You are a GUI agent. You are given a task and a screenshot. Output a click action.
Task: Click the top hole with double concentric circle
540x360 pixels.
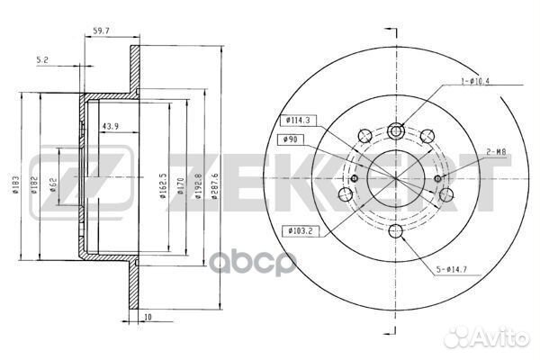click(x=397, y=132)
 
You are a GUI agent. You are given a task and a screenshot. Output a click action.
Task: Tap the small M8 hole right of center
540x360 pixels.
click(x=438, y=178)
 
